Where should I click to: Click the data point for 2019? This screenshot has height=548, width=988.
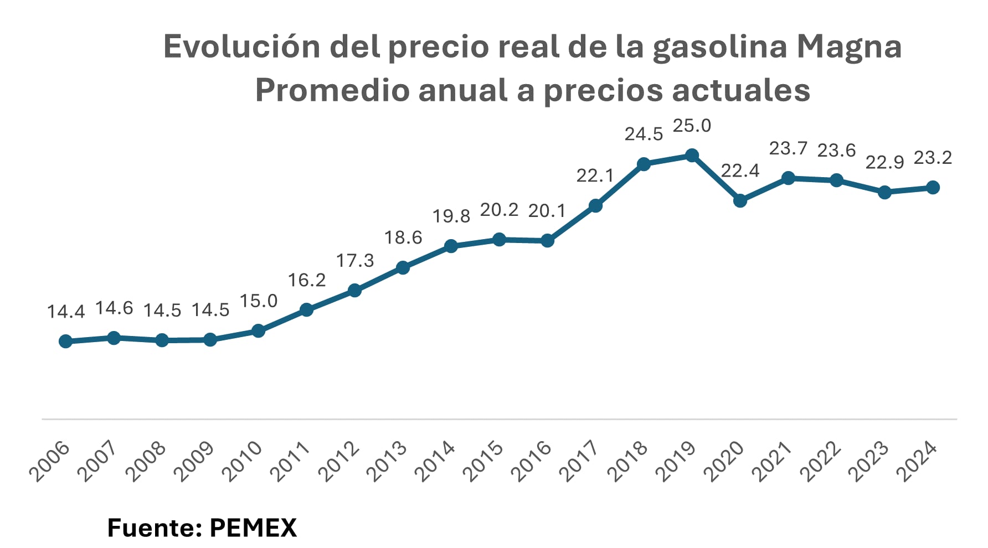[692, 156]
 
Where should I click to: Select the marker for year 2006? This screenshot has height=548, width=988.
[65, 341]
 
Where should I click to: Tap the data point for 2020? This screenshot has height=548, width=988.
[740, 200]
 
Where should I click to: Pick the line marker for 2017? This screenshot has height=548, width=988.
[595, 206]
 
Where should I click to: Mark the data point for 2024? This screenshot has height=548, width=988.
[933, 188]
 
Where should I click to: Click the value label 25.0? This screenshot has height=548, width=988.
[692, 126]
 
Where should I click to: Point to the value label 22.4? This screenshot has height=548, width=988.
[740, 171]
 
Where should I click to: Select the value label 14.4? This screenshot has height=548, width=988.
[66, 312]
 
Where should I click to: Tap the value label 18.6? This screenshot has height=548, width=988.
[403, 238]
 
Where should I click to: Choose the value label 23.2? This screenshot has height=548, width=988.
[933, 158]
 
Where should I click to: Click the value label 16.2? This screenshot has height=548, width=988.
[307, 281]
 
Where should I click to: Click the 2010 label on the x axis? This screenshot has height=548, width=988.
[242, 461]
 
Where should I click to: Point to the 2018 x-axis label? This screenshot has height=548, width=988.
[627, 461]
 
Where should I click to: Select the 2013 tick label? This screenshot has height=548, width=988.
[387, 461]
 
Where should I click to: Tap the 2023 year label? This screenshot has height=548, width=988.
[868, 461]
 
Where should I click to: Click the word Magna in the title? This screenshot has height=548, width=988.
[849, 46]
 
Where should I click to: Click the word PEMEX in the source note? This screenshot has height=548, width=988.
[253, 528]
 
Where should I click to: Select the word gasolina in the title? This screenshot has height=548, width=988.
[719, 46]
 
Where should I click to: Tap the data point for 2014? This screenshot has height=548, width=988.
[451, 246]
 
